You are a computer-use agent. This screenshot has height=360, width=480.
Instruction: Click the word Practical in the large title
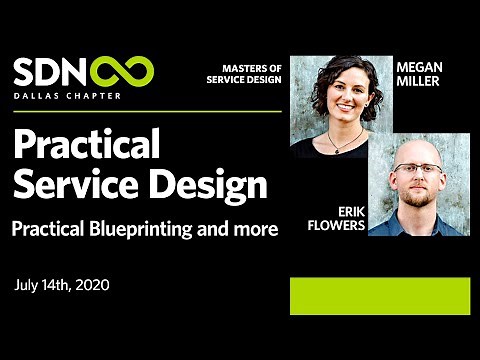pos(86,147)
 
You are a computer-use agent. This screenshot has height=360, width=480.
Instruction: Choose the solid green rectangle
pos(379,296)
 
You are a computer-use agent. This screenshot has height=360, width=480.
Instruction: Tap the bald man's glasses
pos(418,167)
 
